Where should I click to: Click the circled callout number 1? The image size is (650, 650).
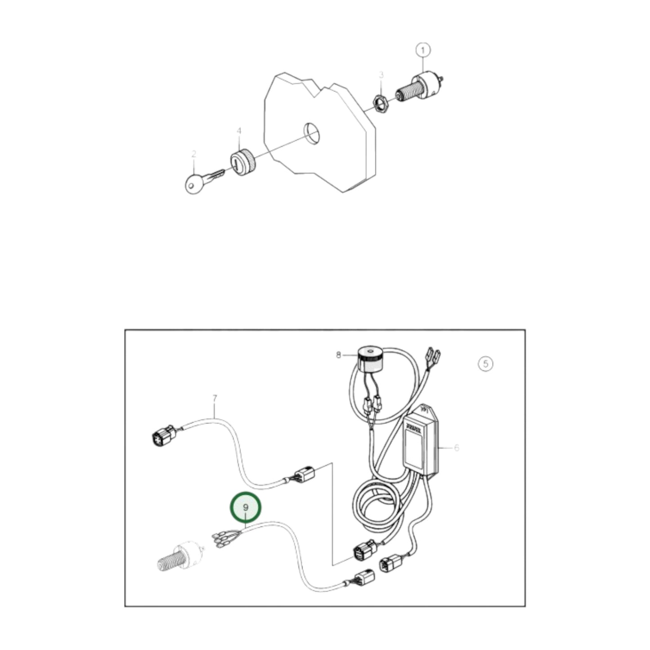[422, 50]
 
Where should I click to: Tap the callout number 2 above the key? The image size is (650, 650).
[194, 154]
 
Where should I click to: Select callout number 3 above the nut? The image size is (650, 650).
[381, 75]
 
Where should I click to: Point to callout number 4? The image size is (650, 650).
[239, 131]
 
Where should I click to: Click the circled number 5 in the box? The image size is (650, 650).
[485, 363]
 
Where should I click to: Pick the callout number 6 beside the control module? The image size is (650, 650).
[457, 448]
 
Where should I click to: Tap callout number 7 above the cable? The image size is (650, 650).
[215, 398]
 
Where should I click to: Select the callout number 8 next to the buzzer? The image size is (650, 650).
[338, 355]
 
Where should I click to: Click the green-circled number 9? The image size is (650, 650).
[246, 507]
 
